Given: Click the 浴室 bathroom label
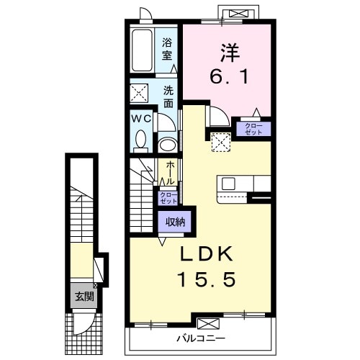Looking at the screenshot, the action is click(x=167, y=49).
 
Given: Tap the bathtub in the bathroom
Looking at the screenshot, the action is click(x=142, y=50).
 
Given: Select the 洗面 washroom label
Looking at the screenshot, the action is click(x=168, y=96).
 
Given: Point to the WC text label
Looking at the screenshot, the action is click(x=141, y=119).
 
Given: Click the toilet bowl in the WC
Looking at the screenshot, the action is click(x=140, y=141).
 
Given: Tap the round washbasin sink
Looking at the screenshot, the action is click(x=168, y=144).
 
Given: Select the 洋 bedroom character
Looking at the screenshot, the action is click(x=230, y=53).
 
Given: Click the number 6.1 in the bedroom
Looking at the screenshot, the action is click(x=229, y=76).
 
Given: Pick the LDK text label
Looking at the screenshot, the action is click(x=206, y=254).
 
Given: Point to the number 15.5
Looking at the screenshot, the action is click(x=206, y=279).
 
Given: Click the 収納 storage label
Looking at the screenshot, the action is click(x=176, y=222).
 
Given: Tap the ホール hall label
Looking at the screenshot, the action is click(x=170, y=173).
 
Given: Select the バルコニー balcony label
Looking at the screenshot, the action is click(x=201, y=338).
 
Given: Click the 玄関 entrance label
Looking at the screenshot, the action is click(x=84, y=297).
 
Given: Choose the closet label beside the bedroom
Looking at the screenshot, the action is click(x=253, y=129).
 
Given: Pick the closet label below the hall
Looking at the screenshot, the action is click(x=168, y=198).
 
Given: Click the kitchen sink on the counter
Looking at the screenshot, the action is click(x=228, y=184).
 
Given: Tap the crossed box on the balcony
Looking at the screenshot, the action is click(x=208, y=323).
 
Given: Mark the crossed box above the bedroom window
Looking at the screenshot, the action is click(x=238, y=14).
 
